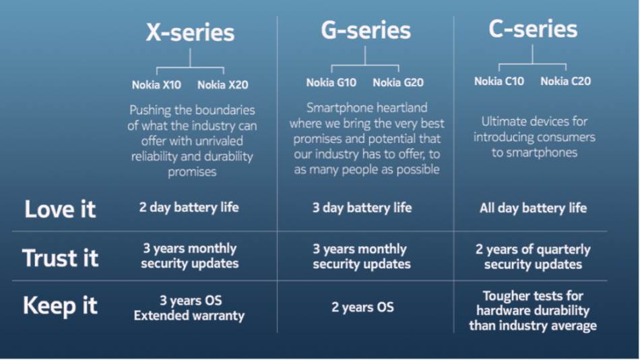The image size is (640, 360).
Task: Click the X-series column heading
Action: pos(190,32)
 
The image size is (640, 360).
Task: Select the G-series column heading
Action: pos(365,30)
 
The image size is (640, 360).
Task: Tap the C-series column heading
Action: pos(532,28)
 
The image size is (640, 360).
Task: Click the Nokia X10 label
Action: pos(156,85)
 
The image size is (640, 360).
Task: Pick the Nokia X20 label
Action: pos(222,85)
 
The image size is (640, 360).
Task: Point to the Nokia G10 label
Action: pos(331,83)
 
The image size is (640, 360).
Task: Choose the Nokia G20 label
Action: pos(398,83)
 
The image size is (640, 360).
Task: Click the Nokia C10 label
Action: pos(499,82)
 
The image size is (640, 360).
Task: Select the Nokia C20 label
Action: pos(565,82)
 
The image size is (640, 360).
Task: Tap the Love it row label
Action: pos(60,209)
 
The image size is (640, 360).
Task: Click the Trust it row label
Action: pos(60,258)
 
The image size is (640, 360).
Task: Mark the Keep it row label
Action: pos(60,306)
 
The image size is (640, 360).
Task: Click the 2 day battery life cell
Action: pos(189,208)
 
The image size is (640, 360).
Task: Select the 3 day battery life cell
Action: pos(362,208)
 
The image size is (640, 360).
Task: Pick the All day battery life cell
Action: pos(533,208)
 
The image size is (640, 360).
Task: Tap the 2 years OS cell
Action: pos(362,307)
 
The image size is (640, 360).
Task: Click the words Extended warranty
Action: pos(189,316)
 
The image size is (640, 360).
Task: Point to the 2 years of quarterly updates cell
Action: pos(533,257)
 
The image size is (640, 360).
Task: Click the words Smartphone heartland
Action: pos(366,108)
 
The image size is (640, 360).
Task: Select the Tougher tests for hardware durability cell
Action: pos(533,311)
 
